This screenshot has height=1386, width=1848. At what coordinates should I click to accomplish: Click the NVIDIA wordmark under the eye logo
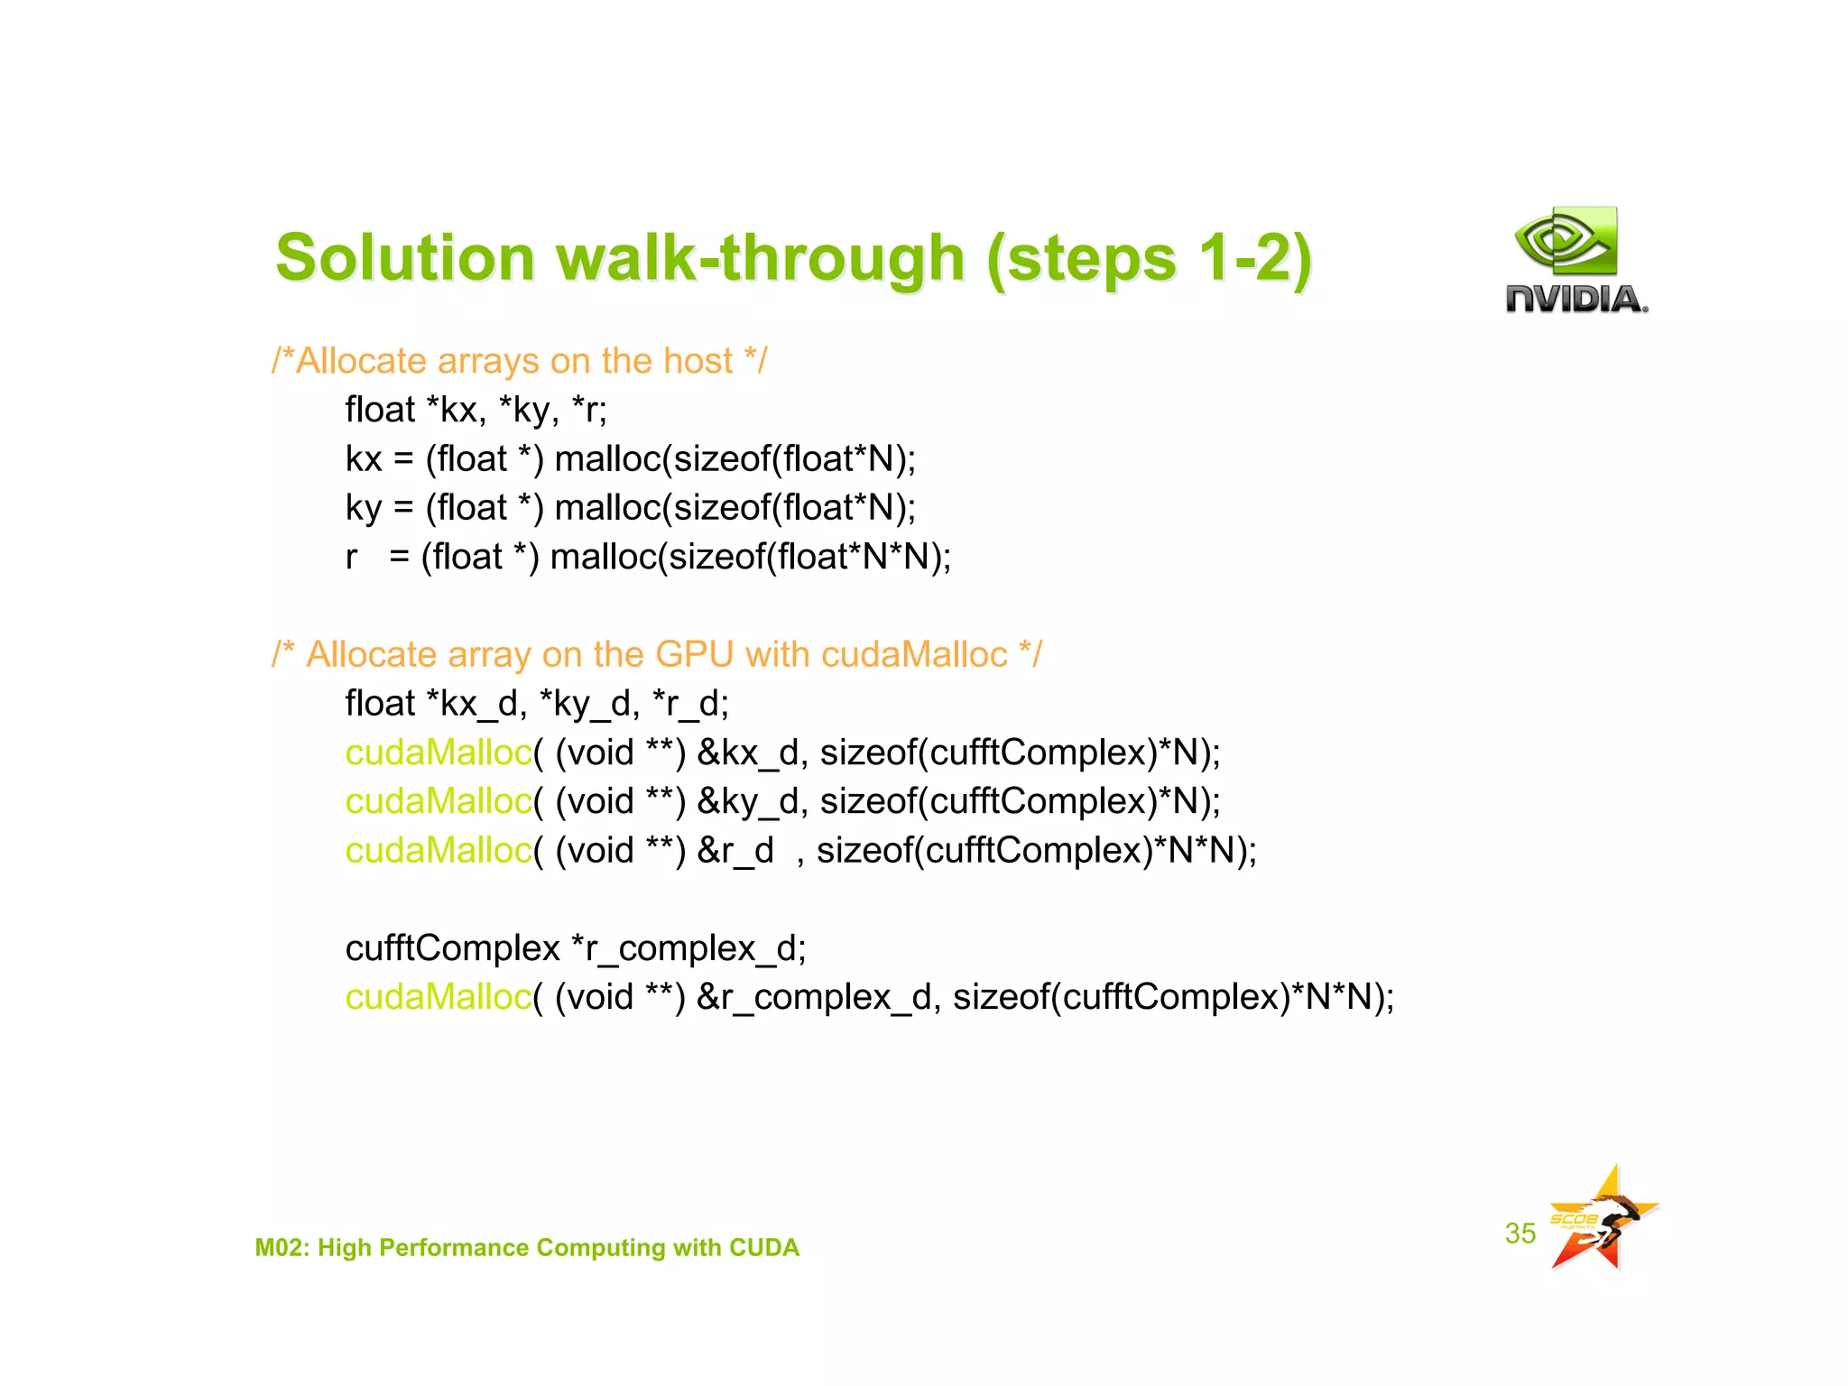pyautogui.click(x=1575, y=299)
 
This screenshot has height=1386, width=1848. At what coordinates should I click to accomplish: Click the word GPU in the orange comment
pyautogui.click(x=694, y=654)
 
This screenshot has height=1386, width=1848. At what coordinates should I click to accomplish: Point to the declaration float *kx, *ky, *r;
pyautogui.click(x=476, y=411)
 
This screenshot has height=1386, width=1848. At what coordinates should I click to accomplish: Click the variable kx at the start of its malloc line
pyautogui.click(x=364, y=459)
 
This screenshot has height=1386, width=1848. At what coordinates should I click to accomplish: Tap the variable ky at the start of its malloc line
pyautogui.click(x=364, y=508)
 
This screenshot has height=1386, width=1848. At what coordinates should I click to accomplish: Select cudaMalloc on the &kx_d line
pyautogui.click(x=439, y=753)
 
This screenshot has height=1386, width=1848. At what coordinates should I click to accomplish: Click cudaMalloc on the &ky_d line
pyautogui.click(x=439, y=801)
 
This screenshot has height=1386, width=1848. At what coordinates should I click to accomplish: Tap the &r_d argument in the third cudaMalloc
pyautogui.click(x=735, y=850)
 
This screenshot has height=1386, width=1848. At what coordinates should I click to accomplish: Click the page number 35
pyautogui.click(x=1520, y=1234)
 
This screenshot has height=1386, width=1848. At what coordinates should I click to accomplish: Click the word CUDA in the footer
pyautogui.click(x=763, y=1247)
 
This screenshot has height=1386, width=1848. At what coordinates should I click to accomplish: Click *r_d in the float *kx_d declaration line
pyautogui.click(x=685, y=704)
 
